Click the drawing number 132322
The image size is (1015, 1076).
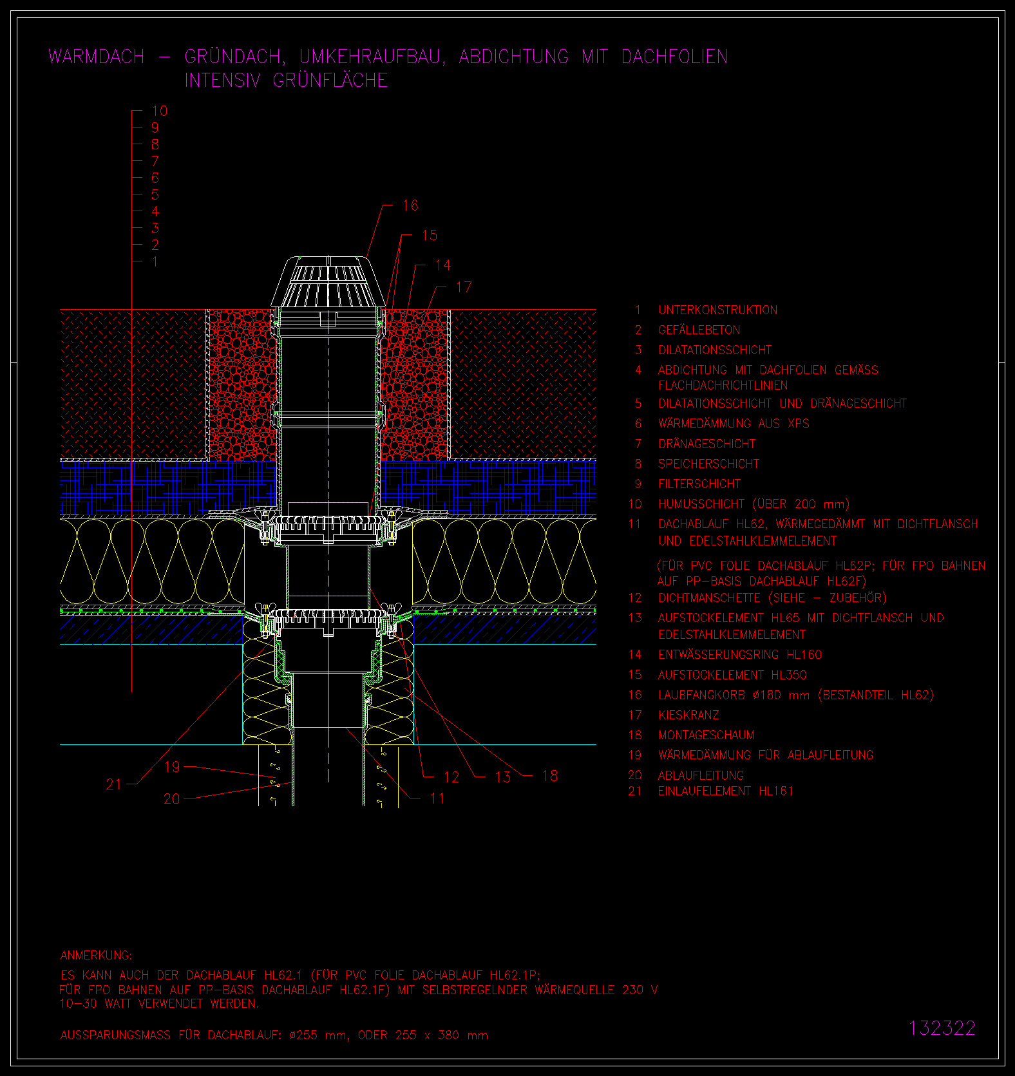click(x=942, y=1028)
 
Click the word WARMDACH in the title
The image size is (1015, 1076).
click(x=97, y=57)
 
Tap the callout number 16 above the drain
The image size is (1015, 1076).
click(x=410, y=205)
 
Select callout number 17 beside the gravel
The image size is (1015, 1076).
click(x=464, y=287)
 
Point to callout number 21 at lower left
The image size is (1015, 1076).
click(x=113, y=784)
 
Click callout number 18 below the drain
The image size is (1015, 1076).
click(x=550, y=776)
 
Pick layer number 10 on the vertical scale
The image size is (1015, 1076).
click(x=160, y=111)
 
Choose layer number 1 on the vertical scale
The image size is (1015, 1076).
click(x=155, y=261)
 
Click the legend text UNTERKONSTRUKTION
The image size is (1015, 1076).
click(x=717, y=310)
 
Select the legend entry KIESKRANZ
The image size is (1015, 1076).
click(x=688, y=715)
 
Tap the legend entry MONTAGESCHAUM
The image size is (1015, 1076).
click(x=706, y=735)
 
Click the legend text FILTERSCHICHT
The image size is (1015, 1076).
click(x=699, y=484)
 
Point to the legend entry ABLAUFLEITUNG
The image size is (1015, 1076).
click(x=701, y=775)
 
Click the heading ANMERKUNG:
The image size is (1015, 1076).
click(x=96, y=955)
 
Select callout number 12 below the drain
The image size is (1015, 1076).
click(x=451, y=777)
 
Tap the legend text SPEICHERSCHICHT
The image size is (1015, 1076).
click(x=708, y=464)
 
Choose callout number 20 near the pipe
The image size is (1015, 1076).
click(x=171, y=798)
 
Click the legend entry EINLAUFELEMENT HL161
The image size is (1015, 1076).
click(x=726, y=791)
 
